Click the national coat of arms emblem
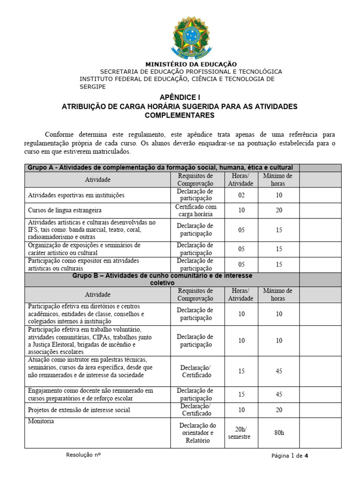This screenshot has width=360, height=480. (x=191, y=37)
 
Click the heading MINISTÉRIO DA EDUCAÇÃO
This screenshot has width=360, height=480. (x=191, y=64)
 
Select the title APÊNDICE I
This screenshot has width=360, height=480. (x=180, y=97)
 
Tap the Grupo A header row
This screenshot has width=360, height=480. (x=161, y=167)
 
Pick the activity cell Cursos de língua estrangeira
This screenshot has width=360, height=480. (x=65, y=210)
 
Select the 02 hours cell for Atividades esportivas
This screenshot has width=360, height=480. (x=241, y=195)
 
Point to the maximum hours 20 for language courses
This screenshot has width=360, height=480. (x=278, y=210)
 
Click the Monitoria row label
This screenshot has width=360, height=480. (x=41, y=421)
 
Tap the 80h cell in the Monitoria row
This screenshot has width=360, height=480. (x=278, y=433)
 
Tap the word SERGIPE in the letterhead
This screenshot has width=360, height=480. (x=92, y=87)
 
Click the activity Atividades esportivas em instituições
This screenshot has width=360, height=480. (x=76, y=195)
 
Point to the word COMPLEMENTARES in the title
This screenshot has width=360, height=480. (x=180, y=115)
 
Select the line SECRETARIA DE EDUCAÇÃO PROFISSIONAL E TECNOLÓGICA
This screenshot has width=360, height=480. (x=191, y=72)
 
